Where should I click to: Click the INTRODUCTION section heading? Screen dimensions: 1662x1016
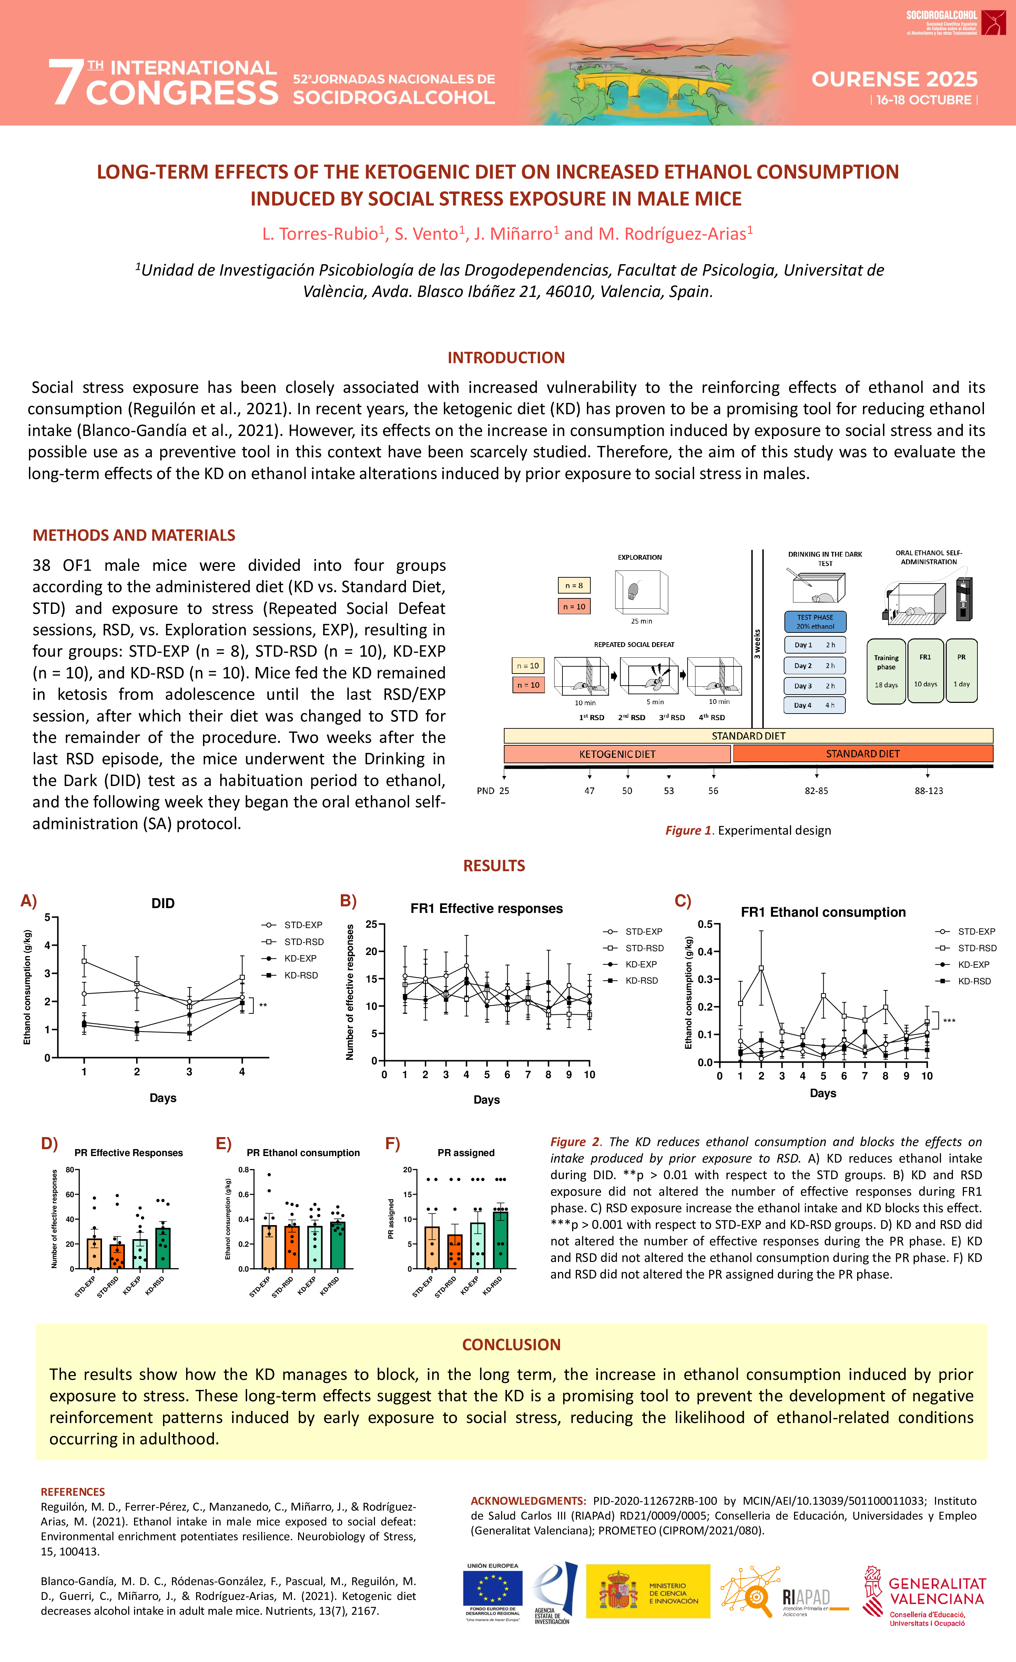pyautogui.click(x=506, y=358)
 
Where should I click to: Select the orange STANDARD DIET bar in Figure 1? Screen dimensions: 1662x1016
pyautogui.click(x=862, y=754)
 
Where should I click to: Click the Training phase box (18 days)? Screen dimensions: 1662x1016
pyautogui.click(x=886, y=671)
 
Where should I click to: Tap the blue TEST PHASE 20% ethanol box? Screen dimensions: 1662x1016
pyautogui.click(x=815, y=621)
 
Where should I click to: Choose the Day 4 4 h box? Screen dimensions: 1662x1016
pyautogui.click(x=814, y=705)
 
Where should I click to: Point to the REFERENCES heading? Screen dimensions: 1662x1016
pyautogui.click(x=73, y=1491)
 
